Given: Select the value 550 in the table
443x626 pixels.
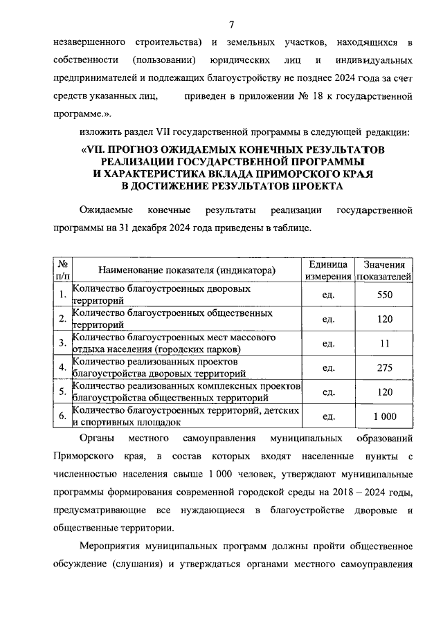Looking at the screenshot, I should click(385, 295).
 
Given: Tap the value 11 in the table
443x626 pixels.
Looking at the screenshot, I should click(385, 343).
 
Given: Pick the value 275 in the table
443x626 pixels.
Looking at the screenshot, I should click(385, 367).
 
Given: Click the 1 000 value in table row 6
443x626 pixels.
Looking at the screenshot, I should click(385, 416).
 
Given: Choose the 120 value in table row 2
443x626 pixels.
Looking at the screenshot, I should click(385, 319).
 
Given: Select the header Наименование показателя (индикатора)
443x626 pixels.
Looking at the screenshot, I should click(187, 270).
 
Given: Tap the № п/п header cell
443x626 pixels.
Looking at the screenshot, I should click(62, 270).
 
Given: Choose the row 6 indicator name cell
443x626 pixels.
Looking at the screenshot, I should click(187, 416).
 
